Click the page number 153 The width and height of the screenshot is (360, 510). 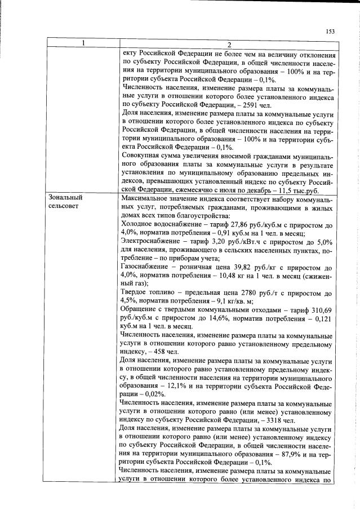(x=330, y=31)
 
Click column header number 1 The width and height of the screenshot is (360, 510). (x=83, y=44)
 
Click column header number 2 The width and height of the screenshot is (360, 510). (x=228, y=45)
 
